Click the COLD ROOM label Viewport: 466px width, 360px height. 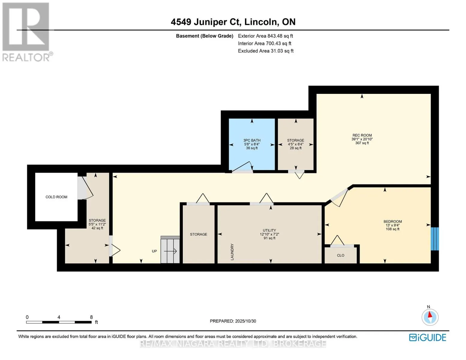[x=56, y=197]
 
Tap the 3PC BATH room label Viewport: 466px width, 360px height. [x=252, y=140]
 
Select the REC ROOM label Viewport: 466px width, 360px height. [x=362, y=135]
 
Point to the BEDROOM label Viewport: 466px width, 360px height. [x=392, y=222]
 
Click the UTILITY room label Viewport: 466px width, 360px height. [x=269, y=230]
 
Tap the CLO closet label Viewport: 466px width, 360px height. [x=341, y=256]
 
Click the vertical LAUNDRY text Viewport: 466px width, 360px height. [x=232, y=252]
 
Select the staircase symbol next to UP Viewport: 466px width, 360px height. [x=170, y=250]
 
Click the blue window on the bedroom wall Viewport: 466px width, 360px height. [x=435, y=239]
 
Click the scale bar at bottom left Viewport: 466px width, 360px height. [x=59, y=322]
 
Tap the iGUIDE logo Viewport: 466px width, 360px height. [x=428, y=337]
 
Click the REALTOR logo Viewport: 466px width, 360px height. [x=26, y=31]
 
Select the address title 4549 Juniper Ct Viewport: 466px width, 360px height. [x=233, y=22]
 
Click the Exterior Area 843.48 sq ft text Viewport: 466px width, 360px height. [x=265, y=36]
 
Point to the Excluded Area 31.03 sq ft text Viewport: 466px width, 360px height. [x=266, y=51]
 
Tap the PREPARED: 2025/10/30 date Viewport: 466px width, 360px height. [x=233, y=321]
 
